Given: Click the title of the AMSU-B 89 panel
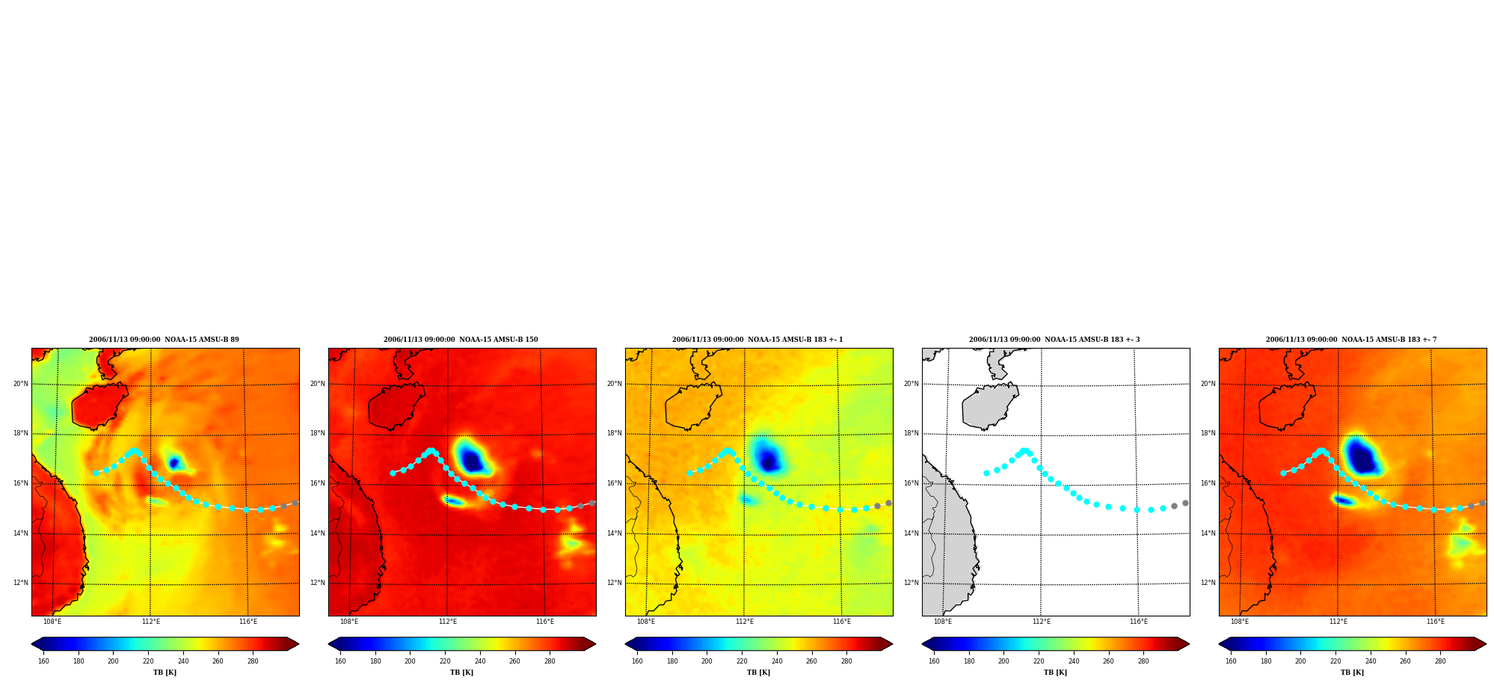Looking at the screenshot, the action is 164,340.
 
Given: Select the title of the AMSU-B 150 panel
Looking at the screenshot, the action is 461,340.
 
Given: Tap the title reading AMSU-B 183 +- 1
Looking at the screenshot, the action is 757,340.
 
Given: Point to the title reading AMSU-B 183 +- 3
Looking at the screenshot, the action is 1054,340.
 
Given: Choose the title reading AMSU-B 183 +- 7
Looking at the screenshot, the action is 1351,340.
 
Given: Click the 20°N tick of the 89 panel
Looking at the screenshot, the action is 20,384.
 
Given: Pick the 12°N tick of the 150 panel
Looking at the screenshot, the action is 317,583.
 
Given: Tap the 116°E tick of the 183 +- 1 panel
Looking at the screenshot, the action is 842,622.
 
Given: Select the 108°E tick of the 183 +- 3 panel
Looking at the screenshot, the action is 942,622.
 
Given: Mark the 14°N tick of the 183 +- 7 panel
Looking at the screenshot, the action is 1208,533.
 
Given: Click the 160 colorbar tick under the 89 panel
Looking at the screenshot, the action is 43,661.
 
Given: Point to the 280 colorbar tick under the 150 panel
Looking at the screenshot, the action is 550,661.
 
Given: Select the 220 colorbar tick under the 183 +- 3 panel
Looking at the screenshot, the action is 1039,661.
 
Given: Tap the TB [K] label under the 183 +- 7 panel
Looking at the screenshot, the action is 1352,673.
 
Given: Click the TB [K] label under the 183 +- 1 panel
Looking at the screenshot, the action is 758,673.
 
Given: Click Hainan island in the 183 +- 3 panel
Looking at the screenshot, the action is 989,405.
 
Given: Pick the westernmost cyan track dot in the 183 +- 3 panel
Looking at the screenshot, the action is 986,473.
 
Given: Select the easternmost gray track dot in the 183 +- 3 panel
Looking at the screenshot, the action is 1185,503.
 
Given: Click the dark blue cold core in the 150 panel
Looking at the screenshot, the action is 471,460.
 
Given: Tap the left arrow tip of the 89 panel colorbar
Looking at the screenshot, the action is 31,644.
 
